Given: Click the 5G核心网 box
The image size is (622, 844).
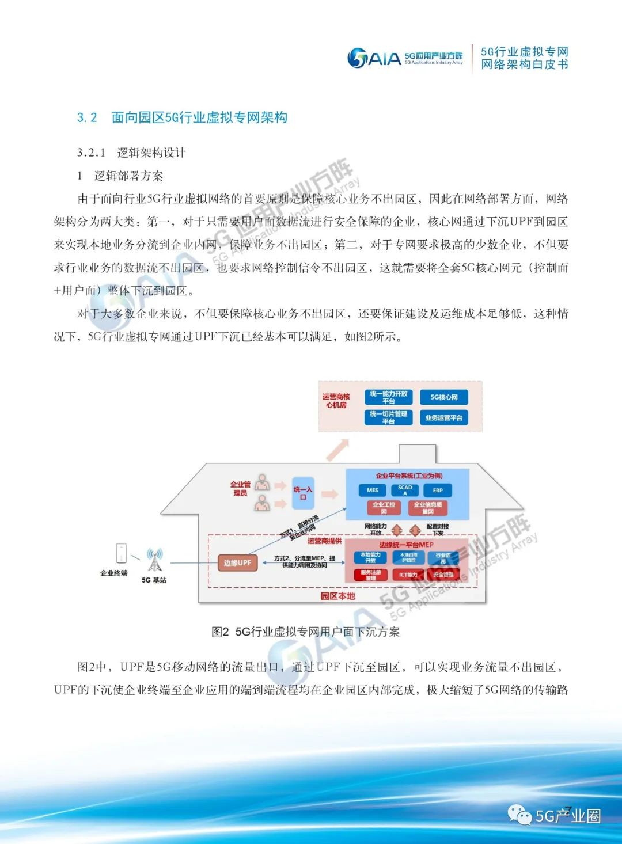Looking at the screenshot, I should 444,397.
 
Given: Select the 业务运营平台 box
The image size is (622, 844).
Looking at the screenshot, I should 444,418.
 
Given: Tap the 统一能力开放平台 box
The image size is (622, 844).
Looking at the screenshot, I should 389,397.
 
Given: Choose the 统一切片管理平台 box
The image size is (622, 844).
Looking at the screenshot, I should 389,417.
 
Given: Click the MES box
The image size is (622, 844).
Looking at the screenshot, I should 373,491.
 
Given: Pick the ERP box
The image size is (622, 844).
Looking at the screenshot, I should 438,491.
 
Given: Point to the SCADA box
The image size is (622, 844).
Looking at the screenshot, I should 405,491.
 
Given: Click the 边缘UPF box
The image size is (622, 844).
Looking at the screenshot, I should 237,562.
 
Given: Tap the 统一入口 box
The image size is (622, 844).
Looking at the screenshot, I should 303,493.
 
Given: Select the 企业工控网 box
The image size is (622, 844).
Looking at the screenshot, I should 384,508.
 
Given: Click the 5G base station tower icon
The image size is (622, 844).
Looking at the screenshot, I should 154,560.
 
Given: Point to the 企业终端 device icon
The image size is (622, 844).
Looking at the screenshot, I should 121,553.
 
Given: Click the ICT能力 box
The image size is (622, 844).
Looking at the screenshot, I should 408,575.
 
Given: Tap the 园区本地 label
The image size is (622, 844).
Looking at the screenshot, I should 337,596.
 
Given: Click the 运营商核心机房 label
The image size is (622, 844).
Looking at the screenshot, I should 336,401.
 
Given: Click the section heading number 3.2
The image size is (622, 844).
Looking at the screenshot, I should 87,117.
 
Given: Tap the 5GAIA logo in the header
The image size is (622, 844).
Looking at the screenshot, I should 374,58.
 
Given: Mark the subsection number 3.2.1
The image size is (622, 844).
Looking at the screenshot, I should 91,153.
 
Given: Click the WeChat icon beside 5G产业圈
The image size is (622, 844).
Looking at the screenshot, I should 520,815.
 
